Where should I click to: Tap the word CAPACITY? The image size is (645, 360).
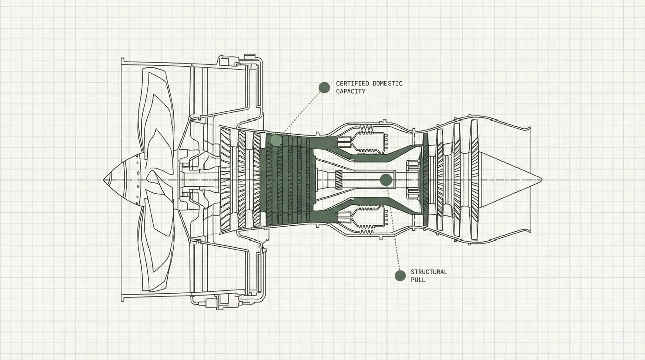click(350, 91)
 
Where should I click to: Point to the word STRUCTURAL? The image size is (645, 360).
click(429, 272)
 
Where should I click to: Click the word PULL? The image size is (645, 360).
click(418, 280)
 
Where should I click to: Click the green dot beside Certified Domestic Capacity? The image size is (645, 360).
click(324, 87)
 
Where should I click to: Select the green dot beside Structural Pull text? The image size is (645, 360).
click(400, 275)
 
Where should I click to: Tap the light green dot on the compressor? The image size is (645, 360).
click(276, 140)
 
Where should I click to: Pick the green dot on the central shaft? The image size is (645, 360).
click(386, 179)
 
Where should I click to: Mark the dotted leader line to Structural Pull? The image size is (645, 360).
click(393, 227)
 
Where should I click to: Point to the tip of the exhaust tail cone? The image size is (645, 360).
click(540, 179)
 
